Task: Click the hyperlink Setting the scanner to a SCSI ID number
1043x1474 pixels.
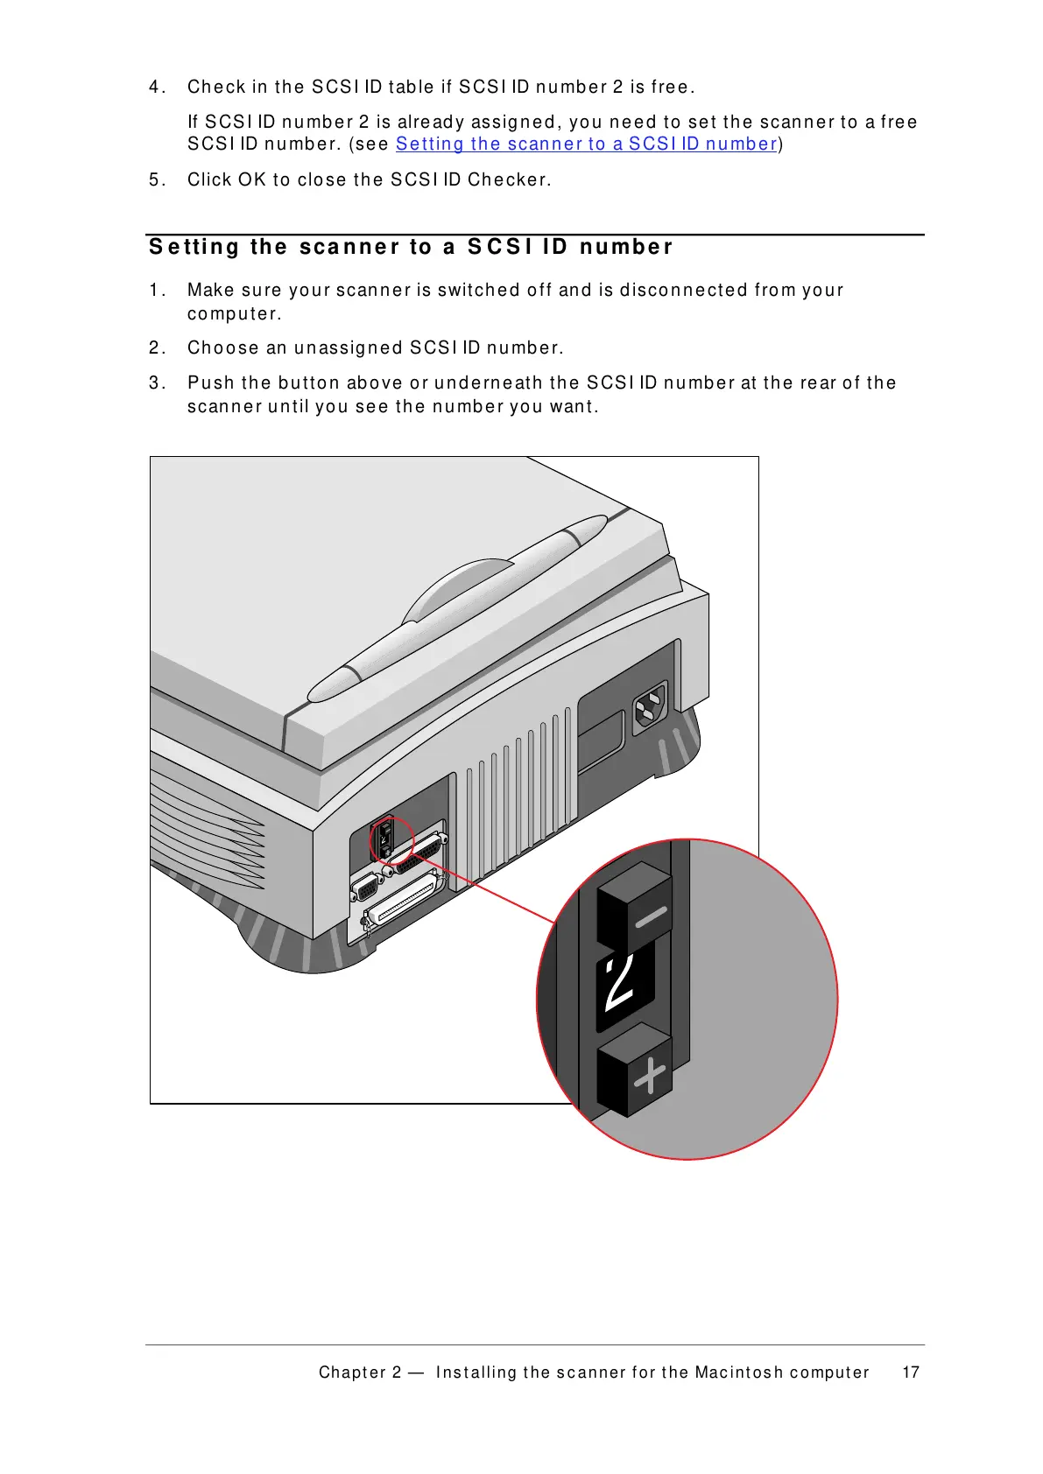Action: click(586, 144)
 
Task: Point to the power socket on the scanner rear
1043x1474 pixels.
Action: click(650, 705)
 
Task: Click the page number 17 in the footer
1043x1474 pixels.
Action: click(911, 1372)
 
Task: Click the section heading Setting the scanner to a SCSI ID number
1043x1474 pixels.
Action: click(411, 247)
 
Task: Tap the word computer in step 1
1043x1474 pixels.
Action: click(234, 313)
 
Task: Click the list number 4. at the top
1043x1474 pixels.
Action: click(157, 87)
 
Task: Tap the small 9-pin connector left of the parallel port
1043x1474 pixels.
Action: click(365, 888)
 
